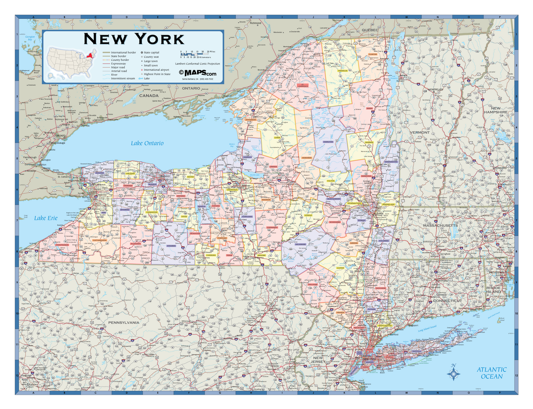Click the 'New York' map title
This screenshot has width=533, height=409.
(x=134, y=39)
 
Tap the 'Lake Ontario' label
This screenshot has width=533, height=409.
(x=147, y=143)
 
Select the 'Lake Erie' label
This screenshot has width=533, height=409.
(x=46, y=218)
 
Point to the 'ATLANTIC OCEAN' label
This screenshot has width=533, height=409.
(x=492, y=373)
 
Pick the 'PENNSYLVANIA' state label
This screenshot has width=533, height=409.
(x=124, y=322)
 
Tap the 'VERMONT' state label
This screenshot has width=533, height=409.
(x=419, y=132)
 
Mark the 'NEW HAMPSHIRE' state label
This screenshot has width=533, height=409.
(x=499, y=110)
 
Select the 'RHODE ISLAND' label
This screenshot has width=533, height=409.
(x=493, y=289)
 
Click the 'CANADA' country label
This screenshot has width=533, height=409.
(x=149, y=95)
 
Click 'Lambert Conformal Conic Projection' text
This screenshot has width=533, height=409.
(x=198, y=64)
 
